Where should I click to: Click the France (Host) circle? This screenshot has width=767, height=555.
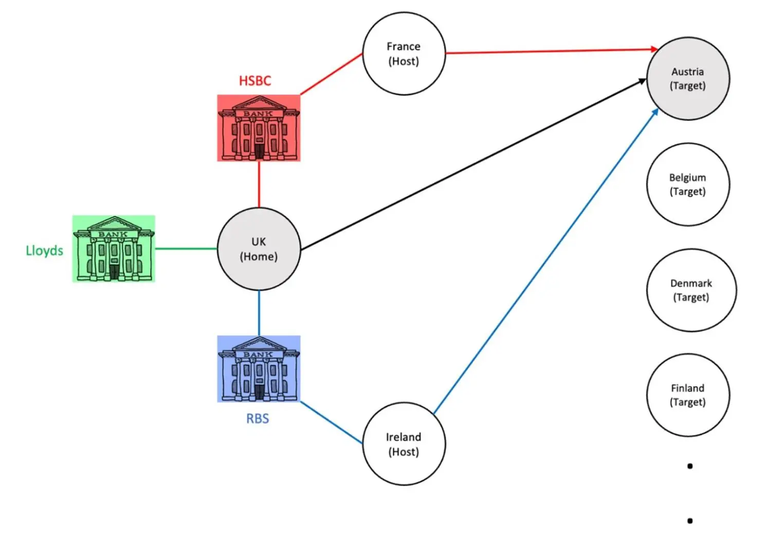click(404, 53)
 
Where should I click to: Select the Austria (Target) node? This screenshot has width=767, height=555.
click(687, 79)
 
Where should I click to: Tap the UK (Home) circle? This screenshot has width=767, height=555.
click(259, 249)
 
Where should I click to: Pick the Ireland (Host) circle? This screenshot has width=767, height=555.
click(404, 444)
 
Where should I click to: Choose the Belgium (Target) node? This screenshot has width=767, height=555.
click(687, 184)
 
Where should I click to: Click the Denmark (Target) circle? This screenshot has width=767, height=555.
click(691, 290)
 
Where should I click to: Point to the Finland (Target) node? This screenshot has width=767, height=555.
click(687, 395)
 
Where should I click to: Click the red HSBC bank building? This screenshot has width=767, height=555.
click(259, 128)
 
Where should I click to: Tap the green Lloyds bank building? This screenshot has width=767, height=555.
click(114, 249)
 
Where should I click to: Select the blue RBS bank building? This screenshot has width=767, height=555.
click(259, 369)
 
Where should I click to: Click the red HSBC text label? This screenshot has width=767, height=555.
click(255, 81)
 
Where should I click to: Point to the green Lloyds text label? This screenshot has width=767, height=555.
click(45, 251)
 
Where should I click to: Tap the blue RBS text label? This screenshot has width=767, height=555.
click(258, 419)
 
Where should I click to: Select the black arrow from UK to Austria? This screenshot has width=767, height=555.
click(473, 164)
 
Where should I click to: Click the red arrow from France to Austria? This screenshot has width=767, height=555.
click(550, 51)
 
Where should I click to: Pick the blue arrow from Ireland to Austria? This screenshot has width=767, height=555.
click(545, 262)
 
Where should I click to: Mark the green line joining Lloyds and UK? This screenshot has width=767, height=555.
click(186, 249)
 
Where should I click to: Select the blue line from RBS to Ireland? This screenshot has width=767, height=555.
click(331, 422)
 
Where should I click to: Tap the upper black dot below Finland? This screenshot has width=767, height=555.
click(690, 466)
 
